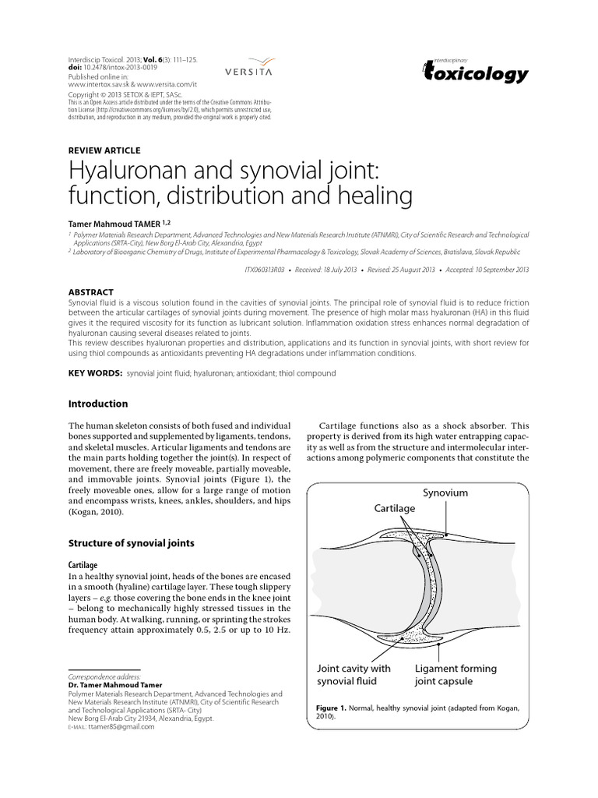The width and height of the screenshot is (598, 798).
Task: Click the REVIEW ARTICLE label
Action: point(105,150)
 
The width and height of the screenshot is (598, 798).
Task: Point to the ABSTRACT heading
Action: point(91,292)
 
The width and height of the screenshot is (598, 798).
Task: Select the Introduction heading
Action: point(98,404)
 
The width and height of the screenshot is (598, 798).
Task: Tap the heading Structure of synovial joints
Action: point(132,542)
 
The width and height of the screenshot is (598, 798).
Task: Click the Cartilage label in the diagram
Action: point(395,507)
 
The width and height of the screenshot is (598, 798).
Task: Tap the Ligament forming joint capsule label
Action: point(456,675)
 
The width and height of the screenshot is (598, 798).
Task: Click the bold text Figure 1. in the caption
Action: point(336,708)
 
